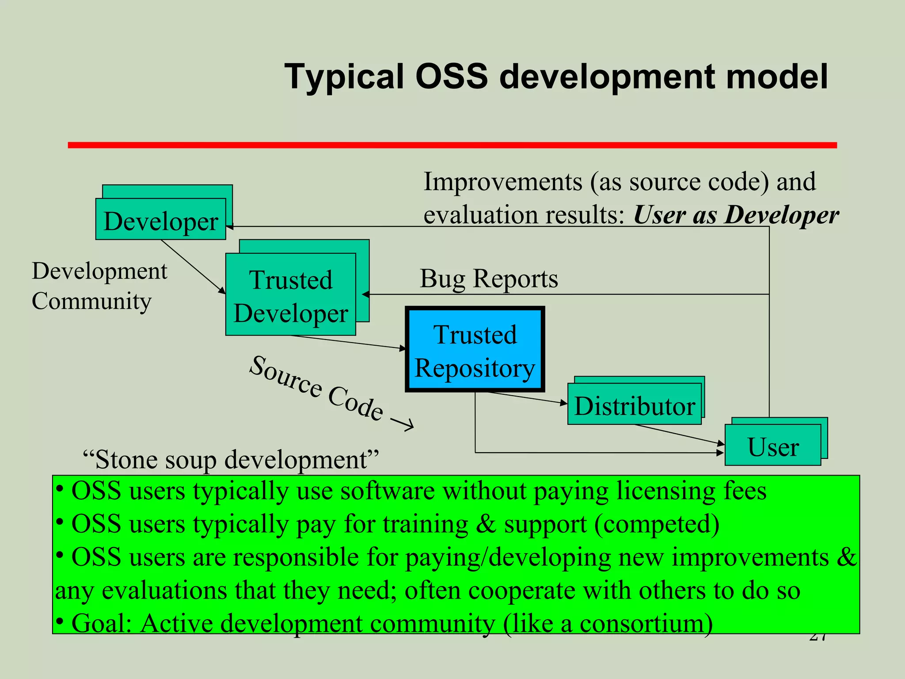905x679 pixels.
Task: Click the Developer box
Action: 160,220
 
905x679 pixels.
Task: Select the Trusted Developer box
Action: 290,295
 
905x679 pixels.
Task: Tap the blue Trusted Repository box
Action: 475,350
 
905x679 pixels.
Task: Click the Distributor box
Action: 634,404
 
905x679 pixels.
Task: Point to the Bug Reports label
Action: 488,279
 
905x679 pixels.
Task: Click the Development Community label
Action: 99,286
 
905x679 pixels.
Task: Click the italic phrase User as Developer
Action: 735,215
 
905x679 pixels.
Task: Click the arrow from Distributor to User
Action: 679,435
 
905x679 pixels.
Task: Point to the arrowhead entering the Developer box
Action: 229,227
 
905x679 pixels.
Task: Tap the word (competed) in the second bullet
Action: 657,524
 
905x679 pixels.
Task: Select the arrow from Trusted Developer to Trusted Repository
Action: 348,342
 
